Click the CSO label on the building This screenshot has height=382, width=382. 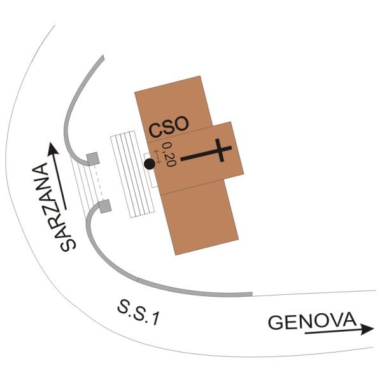coord(169,127)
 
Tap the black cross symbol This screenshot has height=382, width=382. coord(206,151)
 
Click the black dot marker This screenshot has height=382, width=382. coord(150,164)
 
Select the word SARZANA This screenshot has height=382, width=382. coord(53,207)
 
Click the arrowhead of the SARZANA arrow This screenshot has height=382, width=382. coord(53,148)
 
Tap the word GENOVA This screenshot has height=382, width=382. coord(313,321)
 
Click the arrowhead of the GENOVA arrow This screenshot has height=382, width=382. coord(367,329)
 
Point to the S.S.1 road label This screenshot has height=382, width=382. coord(139,313)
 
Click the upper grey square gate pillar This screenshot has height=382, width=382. coord(93,159)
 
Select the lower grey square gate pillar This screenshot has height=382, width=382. coord(105,206)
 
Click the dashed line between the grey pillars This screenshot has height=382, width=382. coord(99,182)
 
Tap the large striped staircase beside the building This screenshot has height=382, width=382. coord(132,174)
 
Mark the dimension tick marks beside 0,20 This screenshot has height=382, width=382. coord(158,157)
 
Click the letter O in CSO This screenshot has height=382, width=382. coord(180,124)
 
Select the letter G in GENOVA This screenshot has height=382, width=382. coord(276,323)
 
